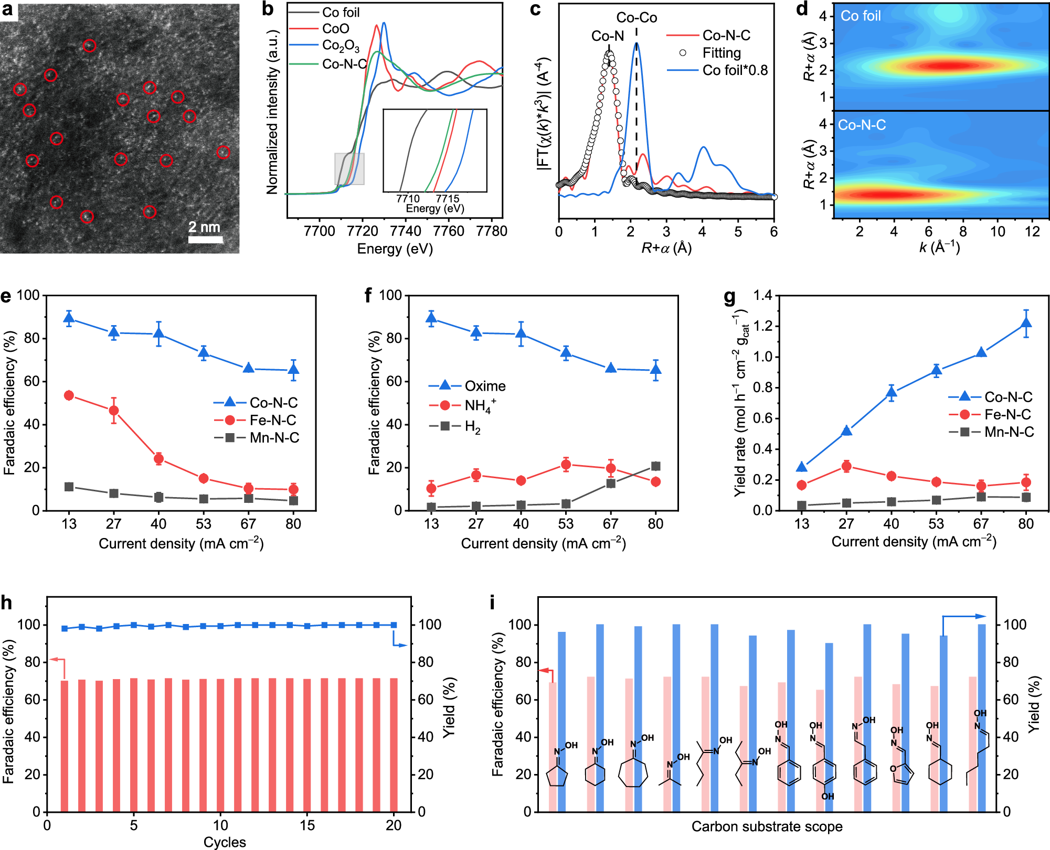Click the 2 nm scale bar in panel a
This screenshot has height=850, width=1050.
(x=206, y=240)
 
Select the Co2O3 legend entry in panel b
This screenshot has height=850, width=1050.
(x=340, y=46)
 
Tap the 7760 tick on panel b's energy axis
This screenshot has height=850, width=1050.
(x=449, y=231)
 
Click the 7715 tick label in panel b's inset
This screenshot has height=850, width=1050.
(x=448, y=199)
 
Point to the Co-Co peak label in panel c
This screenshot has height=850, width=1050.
(x=637, y=18)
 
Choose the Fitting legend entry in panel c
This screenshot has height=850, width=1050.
(x=721, y=53)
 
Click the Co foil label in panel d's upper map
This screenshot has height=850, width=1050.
(x=861, y=16)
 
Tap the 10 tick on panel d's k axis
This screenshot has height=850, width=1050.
(x=998, y=232)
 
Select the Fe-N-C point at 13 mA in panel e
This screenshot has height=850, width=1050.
(x=69, y=395)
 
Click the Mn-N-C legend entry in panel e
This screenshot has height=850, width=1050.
(x=274, y=437)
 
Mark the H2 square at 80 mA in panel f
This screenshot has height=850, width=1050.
(x=655, y=466)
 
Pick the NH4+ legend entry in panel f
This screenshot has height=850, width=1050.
(x=480, y=405)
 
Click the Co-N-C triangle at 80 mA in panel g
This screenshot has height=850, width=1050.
(x=1026, y=324)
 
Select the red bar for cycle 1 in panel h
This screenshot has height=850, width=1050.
(x=65, y=745)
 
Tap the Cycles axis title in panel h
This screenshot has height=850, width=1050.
(x=225, y=842)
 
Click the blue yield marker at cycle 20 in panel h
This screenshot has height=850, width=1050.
(x=394, y=625)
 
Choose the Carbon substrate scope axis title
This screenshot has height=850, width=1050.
(x=767, y=826)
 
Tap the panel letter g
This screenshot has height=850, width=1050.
(x=729, y=297)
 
